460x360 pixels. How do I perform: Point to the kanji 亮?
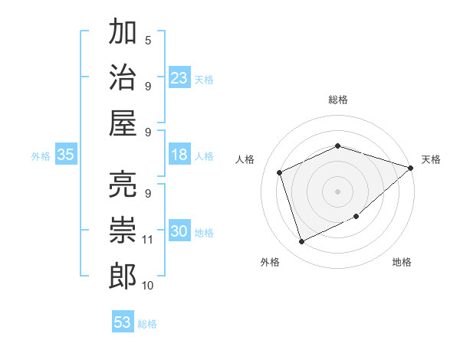(x=123, y=185)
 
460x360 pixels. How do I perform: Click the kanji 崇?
(x=123, y=230)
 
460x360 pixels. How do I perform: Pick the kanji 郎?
(x=123, y=276)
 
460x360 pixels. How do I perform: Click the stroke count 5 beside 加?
(x=148, y=40)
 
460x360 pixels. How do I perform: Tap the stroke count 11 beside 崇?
(x=148, y=239)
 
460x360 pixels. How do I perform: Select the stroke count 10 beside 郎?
(x=148, y=285)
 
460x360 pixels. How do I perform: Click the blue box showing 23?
(x=179, y=78)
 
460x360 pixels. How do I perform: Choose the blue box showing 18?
(x=179, y=155)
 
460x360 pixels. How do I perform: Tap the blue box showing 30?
(x=179, y=231)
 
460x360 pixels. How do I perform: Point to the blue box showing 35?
(x=66, y=155)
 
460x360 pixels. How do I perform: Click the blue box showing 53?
(x=123, y=322)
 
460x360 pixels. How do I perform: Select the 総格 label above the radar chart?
(x=338, y=100)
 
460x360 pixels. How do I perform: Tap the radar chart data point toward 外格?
(x=301, y=242)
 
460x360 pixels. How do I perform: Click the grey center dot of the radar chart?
(x=338, y=191)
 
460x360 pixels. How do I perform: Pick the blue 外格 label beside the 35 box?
(x=41, y=155)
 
